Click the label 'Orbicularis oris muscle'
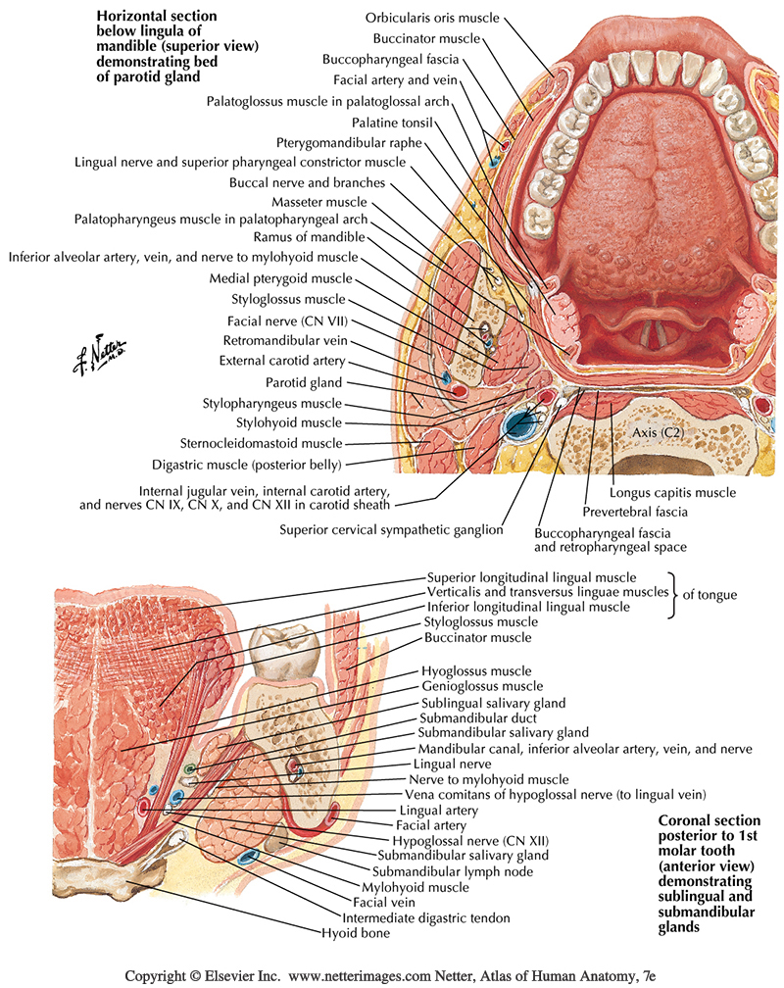(432, 19)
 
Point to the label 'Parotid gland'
(304, 382)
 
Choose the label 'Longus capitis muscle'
(672, 493)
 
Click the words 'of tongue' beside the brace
(709, 594)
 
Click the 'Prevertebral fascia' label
(636, 512)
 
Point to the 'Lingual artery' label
(438, 811)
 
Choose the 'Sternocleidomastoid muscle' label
(261, 443)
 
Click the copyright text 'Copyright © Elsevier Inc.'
(201, 976)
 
